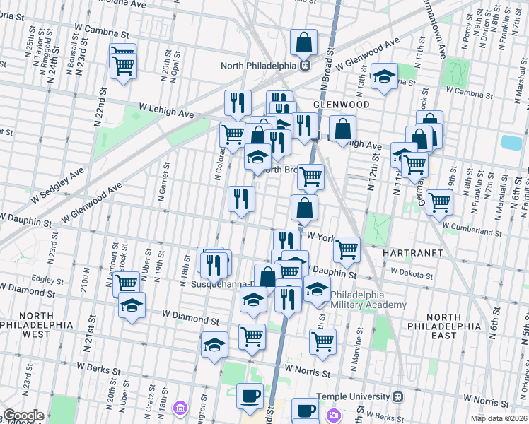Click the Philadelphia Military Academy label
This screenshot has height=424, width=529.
tap(368, 300)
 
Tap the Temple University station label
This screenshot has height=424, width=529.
tap(353, 396)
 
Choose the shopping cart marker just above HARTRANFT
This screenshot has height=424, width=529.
tap(346, 248)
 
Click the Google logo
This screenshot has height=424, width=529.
tap(23, 416)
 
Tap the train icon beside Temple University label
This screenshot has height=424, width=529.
tap(398, 396)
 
